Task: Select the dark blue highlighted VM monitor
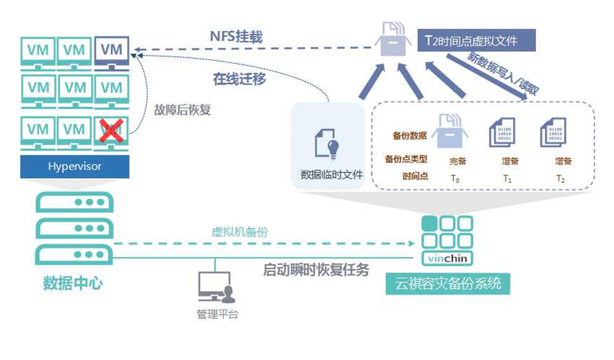[110, 50]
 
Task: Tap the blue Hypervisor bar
[75, 167]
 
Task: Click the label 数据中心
[73, 283]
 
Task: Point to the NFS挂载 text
[236, 37]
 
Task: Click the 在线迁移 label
[240, 79]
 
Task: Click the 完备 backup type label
[458, 161]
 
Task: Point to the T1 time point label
[507, 179]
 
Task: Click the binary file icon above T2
[555, 133]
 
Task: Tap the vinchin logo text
[448, 258]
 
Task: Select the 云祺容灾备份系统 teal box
[447, 284]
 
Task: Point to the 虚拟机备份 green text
[240, 232]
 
